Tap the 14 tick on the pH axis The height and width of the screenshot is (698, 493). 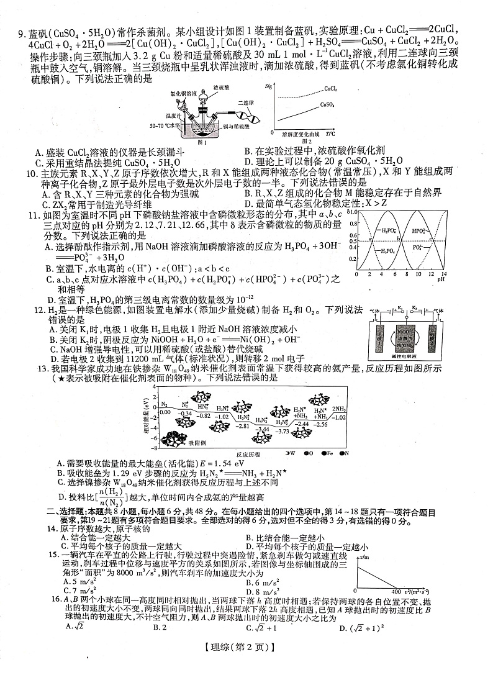[x=443, y=273]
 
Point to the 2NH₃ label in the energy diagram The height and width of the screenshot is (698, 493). [x=339, y=409]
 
